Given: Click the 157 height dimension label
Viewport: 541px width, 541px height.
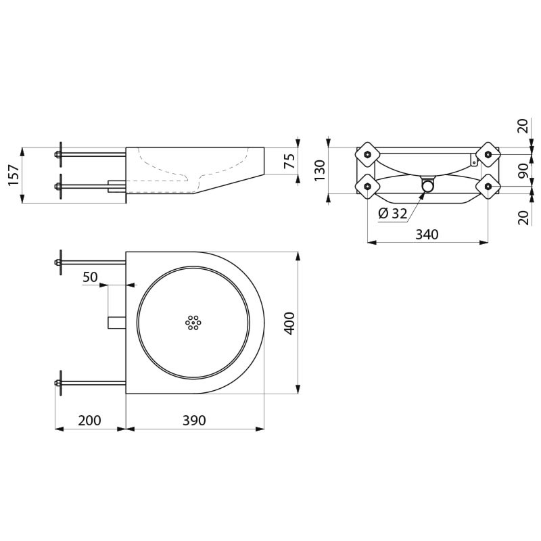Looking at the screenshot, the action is tap(14, 175).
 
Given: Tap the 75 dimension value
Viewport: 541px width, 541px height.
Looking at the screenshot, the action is tap(289, 161).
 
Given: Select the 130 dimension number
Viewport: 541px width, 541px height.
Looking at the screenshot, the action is tap(320, 170).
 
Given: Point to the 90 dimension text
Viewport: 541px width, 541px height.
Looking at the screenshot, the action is tap(523, 170).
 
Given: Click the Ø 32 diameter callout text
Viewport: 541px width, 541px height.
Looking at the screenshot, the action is tap(393, 214).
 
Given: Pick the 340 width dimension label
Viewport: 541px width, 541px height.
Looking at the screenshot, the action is tap(427, 235).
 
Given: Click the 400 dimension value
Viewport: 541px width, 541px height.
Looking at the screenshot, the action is tap(290, 323).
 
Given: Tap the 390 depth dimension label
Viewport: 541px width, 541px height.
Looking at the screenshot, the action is tap(194, 420).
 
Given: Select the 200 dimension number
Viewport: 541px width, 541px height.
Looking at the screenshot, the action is tap(90, 420).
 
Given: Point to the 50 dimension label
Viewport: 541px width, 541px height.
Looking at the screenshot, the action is tap(90, 277).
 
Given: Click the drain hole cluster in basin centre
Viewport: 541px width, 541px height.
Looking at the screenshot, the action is tap(193, 323).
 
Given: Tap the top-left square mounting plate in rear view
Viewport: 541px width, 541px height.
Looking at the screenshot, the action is tap(368, 154).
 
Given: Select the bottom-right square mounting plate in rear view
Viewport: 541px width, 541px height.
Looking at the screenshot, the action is tap(488, 187).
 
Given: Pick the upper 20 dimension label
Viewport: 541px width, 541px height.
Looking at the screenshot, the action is tap(523, 126).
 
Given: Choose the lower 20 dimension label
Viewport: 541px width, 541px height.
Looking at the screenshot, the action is tap(523, 218).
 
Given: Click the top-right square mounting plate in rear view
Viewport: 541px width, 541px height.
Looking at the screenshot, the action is tap(488, 154).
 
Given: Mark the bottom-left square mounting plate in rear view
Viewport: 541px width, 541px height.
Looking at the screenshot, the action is tap(368, 187).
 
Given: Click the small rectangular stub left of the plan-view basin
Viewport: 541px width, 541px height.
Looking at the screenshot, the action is tap(117, 323).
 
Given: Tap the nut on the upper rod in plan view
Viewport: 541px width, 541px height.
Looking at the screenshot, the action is tap(57, 262).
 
